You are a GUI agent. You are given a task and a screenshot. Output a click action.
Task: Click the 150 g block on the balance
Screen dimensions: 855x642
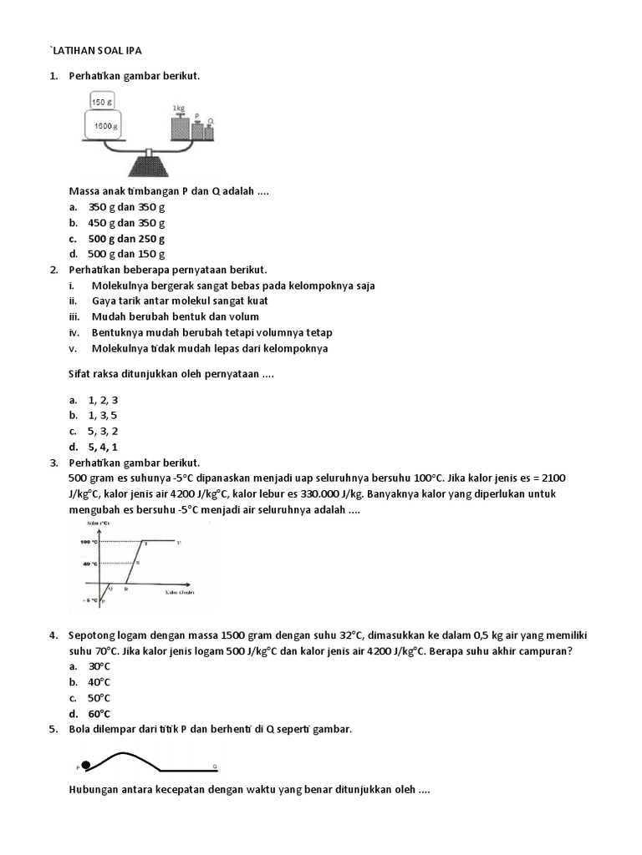tap(102, 102)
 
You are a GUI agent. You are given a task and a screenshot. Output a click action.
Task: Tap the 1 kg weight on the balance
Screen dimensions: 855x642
tap(180, 126)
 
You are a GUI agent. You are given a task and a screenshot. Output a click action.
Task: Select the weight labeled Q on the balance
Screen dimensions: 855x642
tap(209, 129)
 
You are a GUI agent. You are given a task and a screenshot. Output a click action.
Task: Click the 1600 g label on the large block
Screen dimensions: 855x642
tap(104, 124)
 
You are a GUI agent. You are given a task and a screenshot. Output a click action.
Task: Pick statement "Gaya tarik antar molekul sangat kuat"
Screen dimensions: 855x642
tap(180, 301)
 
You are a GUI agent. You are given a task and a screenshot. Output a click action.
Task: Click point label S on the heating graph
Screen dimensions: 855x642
tap(137, 564)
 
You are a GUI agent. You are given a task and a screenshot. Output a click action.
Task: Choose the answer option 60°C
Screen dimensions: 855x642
tap(99, 714)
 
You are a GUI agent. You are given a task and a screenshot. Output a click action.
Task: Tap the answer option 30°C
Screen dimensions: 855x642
tap(99, 666)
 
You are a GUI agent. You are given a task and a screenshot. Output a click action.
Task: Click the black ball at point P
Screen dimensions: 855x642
tap(86, 764)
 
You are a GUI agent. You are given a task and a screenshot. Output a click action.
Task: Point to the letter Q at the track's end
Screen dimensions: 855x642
tap(215, 766)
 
